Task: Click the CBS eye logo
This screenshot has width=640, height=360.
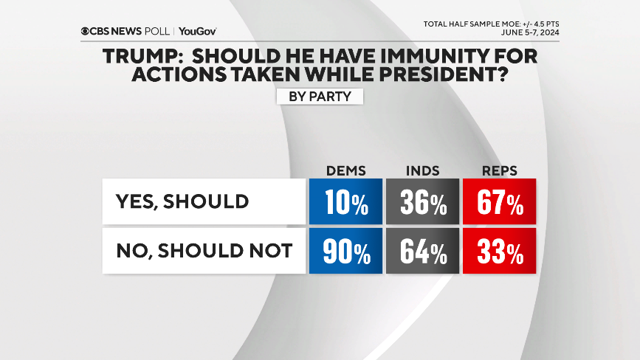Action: click(86, 31)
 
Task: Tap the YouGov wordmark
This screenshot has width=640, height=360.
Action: click(197, 31)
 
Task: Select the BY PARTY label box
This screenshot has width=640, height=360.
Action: click(320, 97)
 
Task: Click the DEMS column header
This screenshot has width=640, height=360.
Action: click(346, 170)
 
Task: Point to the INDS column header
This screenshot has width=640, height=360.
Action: click(423, 170)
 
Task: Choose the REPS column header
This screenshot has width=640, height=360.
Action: click(500, 170)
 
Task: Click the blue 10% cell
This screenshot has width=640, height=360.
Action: click(346, 201)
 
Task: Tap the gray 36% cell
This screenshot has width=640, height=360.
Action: click(423, 201)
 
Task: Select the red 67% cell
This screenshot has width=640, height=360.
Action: click(500, 201)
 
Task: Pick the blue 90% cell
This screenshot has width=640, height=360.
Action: click(346, 251)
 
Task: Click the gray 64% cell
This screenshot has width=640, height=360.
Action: click(423, 251)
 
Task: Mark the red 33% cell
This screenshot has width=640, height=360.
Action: click(500, 251)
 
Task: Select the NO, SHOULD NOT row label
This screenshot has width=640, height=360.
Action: click(203, 251)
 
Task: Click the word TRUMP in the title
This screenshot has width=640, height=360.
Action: click(135, 56)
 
